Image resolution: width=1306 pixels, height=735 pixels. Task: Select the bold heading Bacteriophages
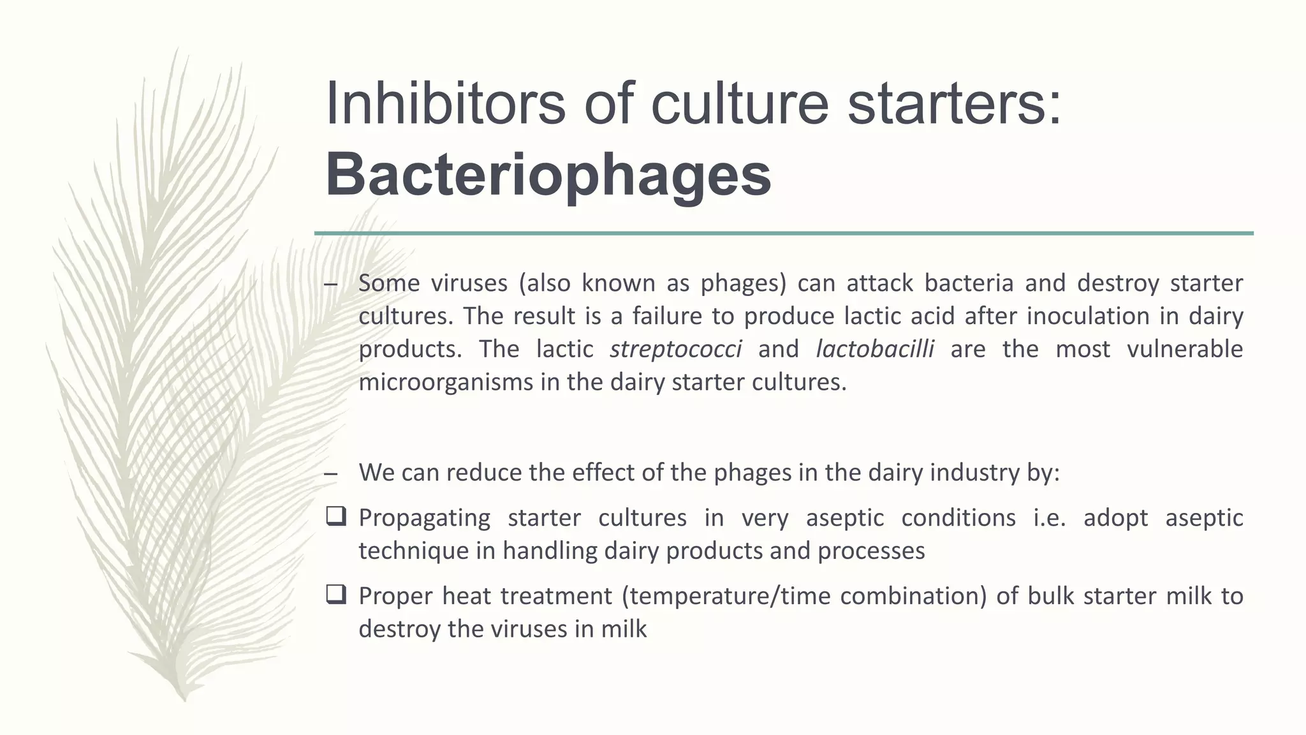[548, 175]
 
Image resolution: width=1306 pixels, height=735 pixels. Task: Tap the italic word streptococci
[675, 349]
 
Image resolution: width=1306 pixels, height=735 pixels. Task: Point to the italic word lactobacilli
[875, 349]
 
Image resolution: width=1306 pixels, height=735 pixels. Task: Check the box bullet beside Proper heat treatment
[335, 595]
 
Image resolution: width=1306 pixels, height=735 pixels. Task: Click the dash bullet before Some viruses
[330, 285]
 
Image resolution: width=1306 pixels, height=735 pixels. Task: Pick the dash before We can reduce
[330, 474]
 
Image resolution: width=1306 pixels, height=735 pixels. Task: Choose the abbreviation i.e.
[1049, 517]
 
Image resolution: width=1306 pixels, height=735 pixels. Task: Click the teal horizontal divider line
[784, 234]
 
